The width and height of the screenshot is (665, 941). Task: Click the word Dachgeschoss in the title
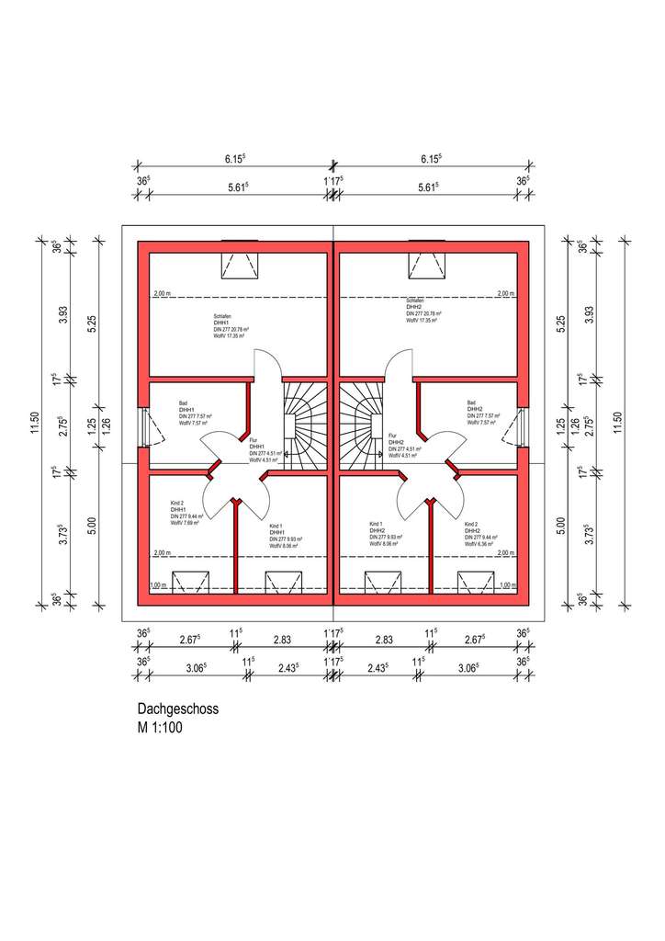click(x=177, y=709)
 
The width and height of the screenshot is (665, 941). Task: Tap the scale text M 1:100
click(x=162, y=727)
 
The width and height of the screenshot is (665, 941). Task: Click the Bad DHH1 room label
click(x=193, y=416)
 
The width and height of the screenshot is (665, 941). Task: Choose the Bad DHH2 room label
click(x=482, y=416)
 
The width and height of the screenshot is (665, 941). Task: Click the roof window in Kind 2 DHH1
click(x=190, y=583)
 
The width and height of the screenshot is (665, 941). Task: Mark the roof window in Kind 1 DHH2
click(x=382, y=583)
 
